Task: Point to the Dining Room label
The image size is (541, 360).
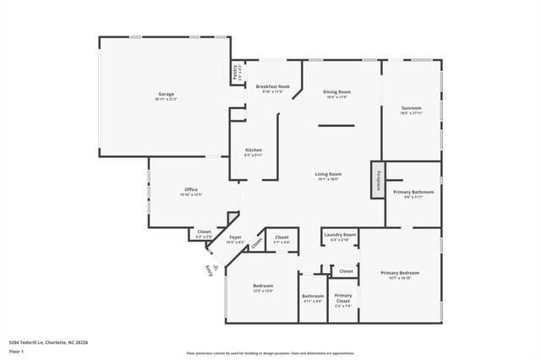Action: tap(337, 92)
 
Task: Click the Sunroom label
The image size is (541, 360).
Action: tap(411, 109)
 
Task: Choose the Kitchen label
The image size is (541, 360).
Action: tap(254, 150)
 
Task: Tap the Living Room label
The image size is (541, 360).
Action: tap(329, 174)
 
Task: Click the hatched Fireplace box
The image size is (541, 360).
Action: tap(376, 179)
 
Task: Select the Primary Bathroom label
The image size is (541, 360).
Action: tap(413, 193)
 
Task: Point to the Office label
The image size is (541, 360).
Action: tap(190, 189)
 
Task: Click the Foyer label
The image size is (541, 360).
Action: tap(236, 239)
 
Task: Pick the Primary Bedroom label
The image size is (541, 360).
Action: tap(400, 274)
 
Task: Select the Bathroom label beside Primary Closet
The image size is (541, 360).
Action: tap(313, 297)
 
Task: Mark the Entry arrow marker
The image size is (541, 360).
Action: tap(211, 270)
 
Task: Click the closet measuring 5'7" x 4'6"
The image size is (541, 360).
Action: tap(281, 239)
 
